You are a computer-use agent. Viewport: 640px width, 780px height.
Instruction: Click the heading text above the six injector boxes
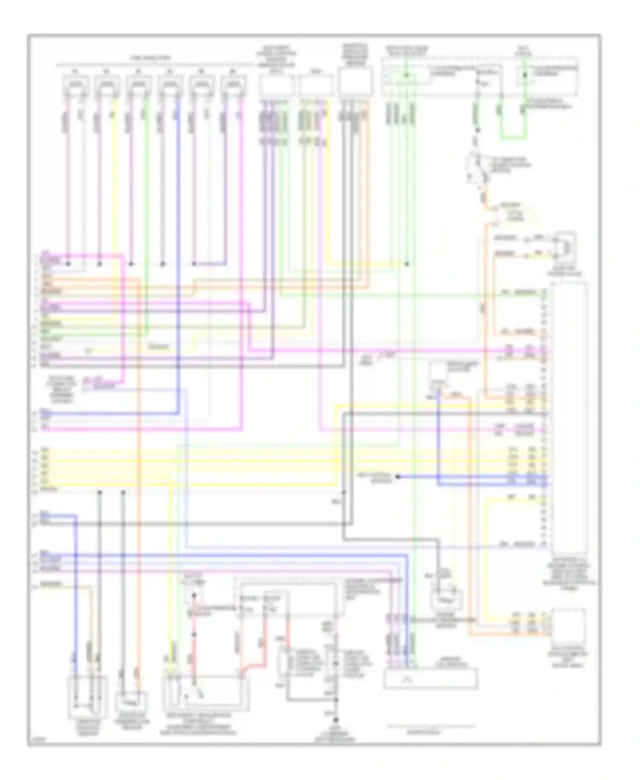point(150,58)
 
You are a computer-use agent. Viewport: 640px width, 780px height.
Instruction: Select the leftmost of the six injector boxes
point(76,86)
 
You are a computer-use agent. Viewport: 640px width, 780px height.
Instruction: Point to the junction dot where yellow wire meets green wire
point(407,264)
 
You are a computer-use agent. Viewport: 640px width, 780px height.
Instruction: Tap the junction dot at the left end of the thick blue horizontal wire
point(397,477)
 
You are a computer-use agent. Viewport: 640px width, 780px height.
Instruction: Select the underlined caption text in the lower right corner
point(430,731)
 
